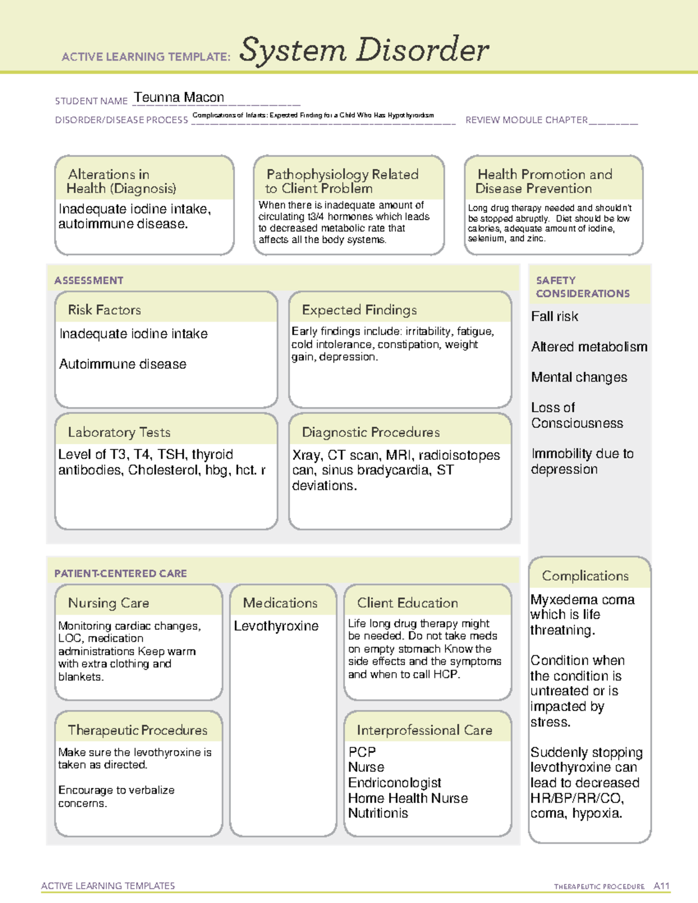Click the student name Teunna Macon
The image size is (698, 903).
[179, 98]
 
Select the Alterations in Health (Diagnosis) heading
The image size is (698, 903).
[121, 181]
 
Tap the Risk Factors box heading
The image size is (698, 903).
[104, 310]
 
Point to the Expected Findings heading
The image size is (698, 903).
[359, 310]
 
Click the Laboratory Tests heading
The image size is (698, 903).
[119, 432]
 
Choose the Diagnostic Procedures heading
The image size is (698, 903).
[371, 432]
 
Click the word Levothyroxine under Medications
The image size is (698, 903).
[276, 626]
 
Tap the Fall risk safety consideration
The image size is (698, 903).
[554, 317]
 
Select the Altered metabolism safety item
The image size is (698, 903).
[589, 347]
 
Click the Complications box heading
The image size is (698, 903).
[585, 576]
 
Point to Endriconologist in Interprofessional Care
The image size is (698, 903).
[394, 783]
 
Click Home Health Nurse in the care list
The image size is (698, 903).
[408, 798]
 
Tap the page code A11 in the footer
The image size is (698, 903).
[661, 886]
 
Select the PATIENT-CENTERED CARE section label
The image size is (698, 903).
[120, 573]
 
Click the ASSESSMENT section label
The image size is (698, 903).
[88, 280]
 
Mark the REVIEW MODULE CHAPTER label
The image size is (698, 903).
[526, 120]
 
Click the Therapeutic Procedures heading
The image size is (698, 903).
[137, 730]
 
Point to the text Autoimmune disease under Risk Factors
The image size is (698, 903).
[123, 364]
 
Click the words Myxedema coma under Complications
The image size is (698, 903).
[582, 599]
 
